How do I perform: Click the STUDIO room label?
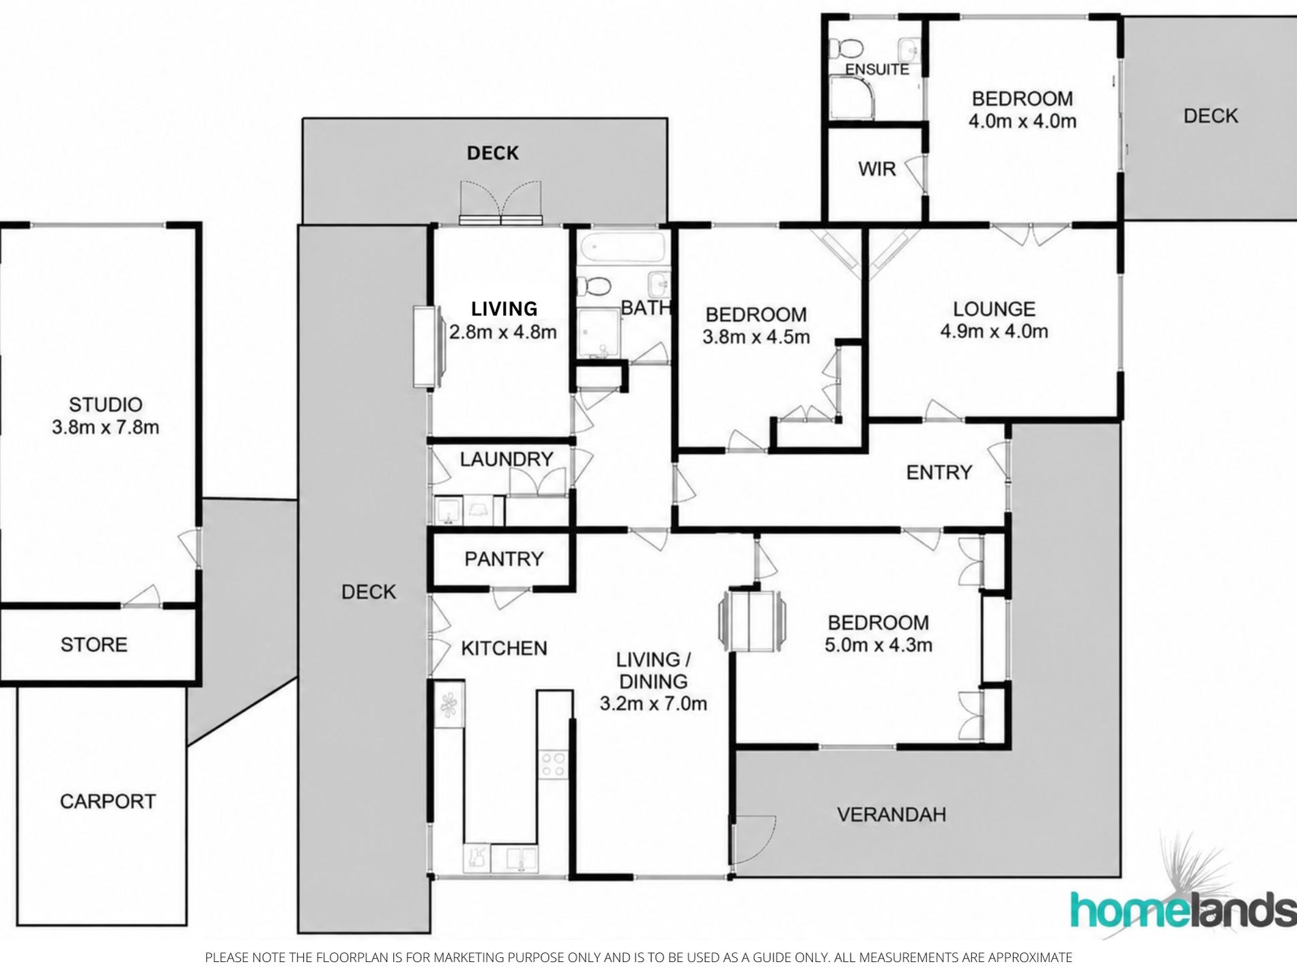coord(106,405)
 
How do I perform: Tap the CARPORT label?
coord(108,801)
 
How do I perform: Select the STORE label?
coord(94,645)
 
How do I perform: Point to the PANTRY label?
coord(504,559)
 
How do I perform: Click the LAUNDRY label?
coord(507,459)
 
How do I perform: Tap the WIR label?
coord(876,169)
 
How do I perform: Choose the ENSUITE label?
coord(877,69)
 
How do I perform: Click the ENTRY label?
coord(939,473)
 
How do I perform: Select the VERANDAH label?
coord(892,814)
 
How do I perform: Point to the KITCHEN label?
coord(504,648)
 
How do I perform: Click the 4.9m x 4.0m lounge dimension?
coord(994,332)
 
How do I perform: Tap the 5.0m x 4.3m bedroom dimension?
coord(879,645)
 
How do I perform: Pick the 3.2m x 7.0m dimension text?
coord(653,703)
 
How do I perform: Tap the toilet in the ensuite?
coord(846,48)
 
